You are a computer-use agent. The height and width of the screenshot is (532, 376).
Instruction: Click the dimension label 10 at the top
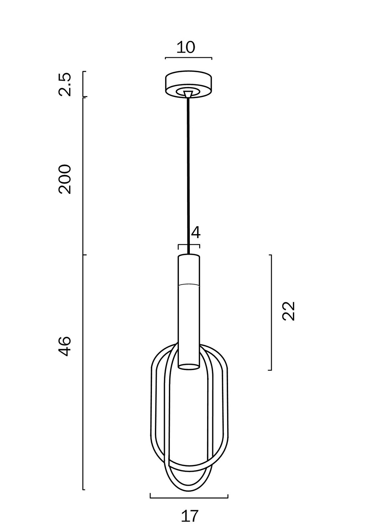pos(186,47)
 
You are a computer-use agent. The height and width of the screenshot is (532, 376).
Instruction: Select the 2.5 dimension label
pos(64,84)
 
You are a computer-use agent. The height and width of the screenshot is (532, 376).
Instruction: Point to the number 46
pos(64,346)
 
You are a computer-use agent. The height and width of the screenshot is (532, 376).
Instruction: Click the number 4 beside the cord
pos(196,232)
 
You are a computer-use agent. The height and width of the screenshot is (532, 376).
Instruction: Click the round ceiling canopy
pos(188,84)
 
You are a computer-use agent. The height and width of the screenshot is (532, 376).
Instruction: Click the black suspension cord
pos(188,176)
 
